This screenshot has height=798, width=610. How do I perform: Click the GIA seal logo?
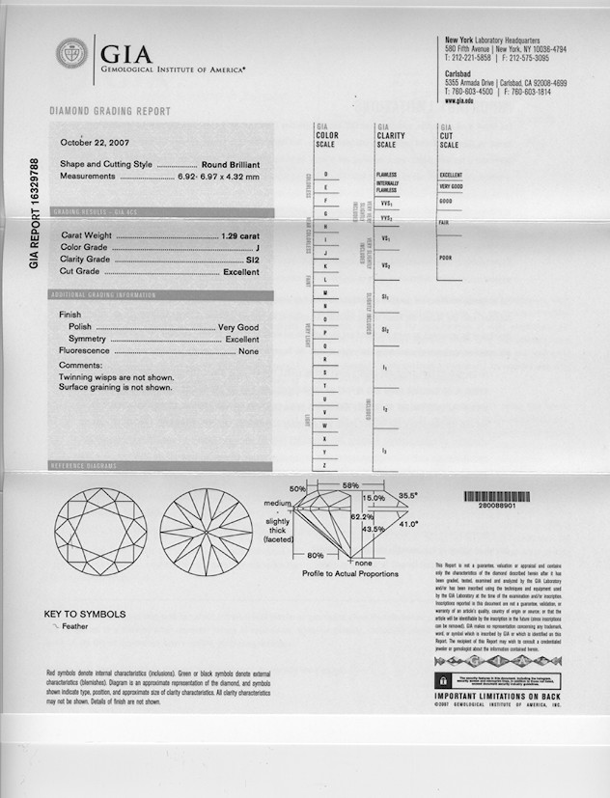tap(72, 54)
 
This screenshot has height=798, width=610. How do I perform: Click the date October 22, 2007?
tap(97, 143)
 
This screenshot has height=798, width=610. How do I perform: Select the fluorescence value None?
tap(249, 351)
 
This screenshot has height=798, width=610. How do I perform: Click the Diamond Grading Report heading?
tap(109, 112)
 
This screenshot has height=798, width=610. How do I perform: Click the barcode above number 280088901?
tap(498, 496)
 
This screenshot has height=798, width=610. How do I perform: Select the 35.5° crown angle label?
tap(408, 495)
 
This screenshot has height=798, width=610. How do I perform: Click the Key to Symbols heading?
tap(85, 614)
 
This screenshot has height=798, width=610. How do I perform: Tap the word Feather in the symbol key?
tap(74, 626)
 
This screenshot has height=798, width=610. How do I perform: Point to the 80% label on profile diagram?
tap(315, 556)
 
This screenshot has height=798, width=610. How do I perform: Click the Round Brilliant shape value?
tap(231, 165)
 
